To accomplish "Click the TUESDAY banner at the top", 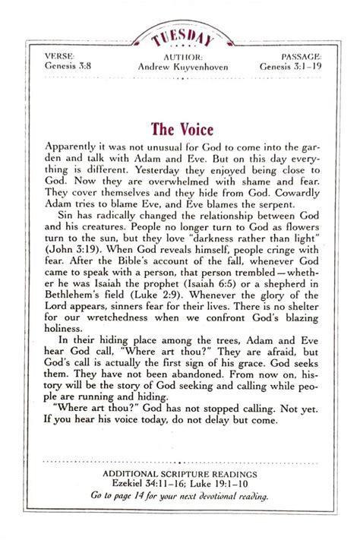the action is [180, 37].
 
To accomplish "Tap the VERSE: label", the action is [61, 55].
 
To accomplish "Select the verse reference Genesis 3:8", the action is [66, 66].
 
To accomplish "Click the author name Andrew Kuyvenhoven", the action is [180, 67].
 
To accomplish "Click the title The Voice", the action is [180, 128].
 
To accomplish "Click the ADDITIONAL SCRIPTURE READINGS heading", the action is [180, 474].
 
